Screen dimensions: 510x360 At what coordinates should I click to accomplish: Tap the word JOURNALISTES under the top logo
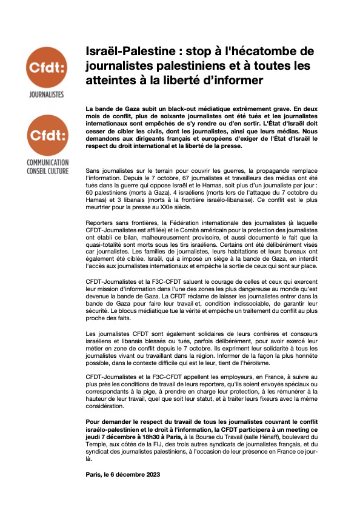[x=47, y=95]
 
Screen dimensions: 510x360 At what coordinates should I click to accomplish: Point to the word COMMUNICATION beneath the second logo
[x=47, y=163]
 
